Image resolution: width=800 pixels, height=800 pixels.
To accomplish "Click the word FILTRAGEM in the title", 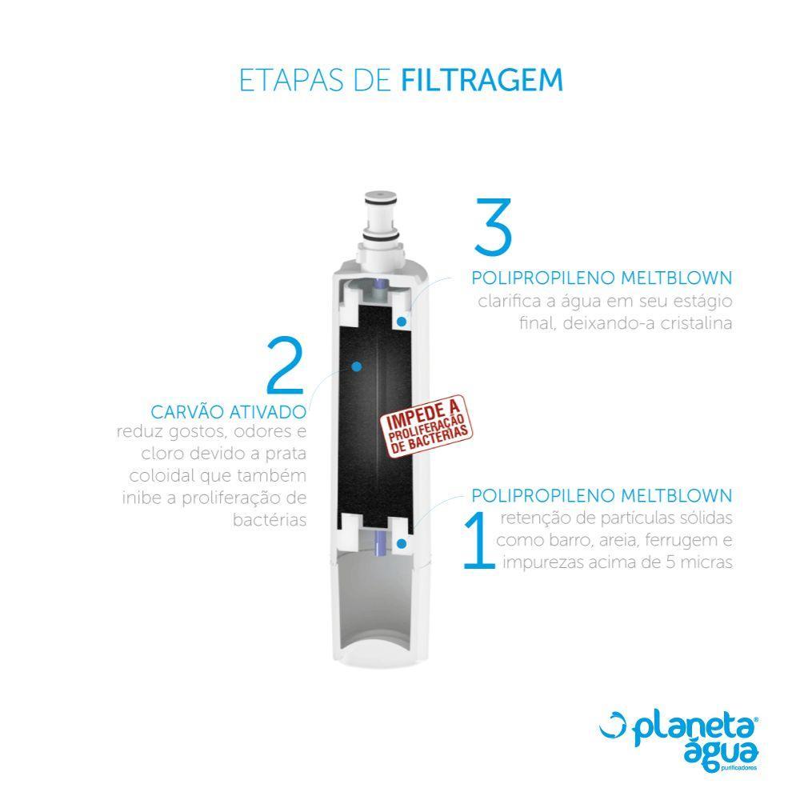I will [481, 81].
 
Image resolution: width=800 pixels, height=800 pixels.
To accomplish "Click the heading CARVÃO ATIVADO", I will [229, 412].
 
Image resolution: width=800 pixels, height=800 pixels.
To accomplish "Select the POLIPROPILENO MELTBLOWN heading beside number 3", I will [602, 278].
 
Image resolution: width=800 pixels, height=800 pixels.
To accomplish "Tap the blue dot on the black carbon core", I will [357, 366].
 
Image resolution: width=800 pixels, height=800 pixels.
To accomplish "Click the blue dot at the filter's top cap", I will [400, 321].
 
